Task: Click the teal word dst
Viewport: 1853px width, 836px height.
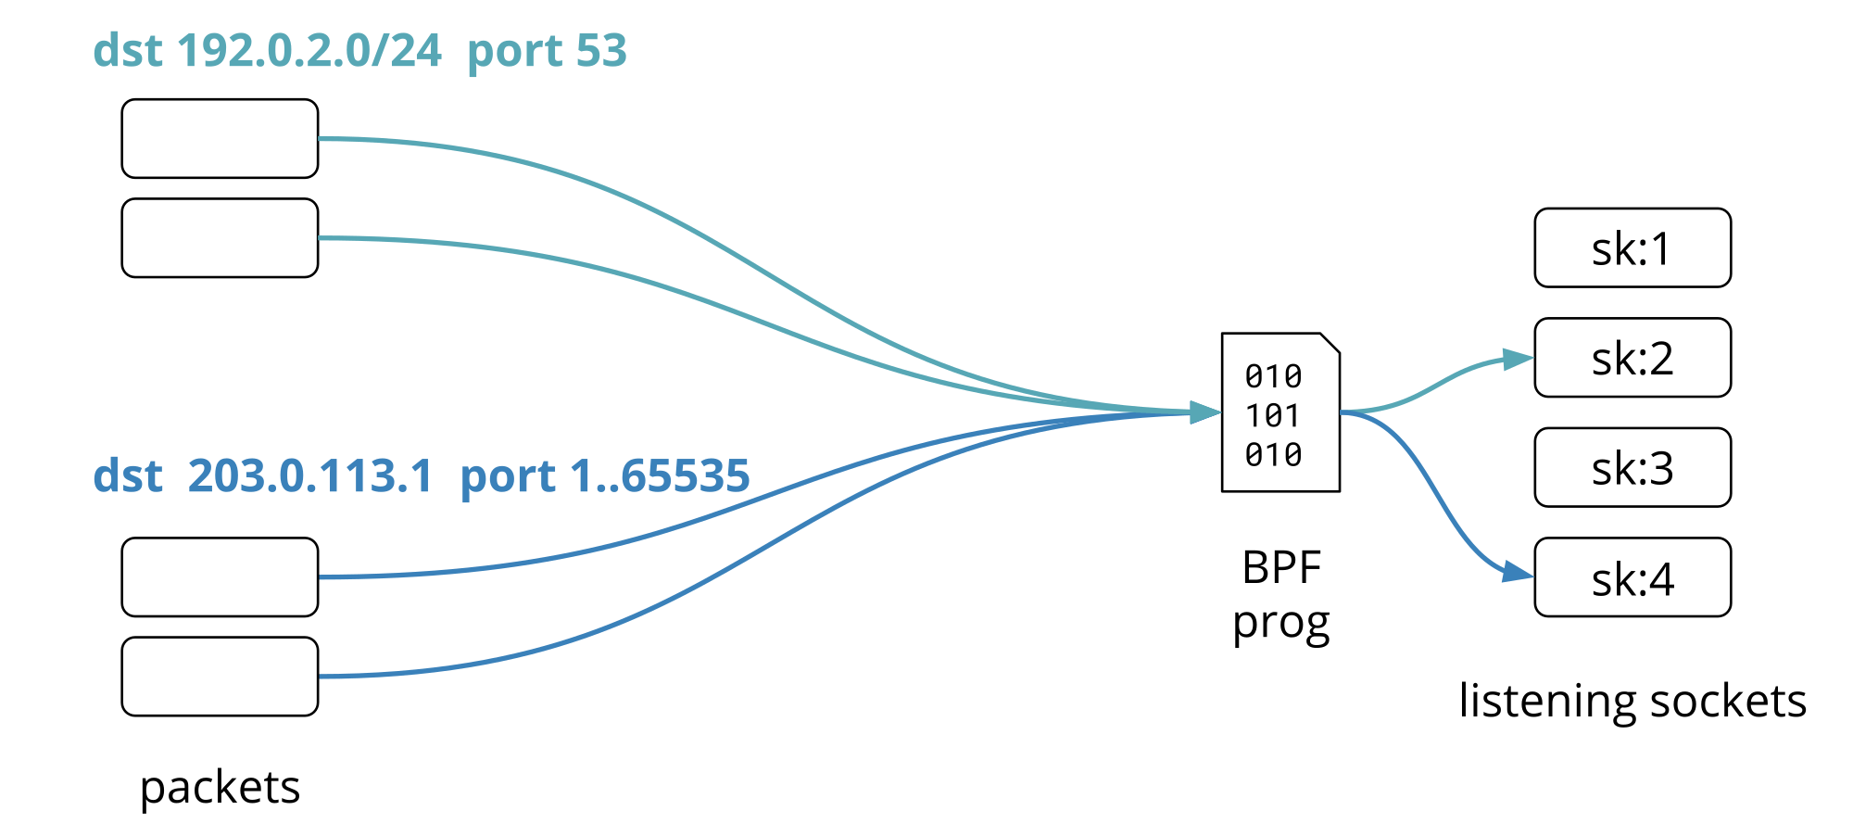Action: tap(128, 51)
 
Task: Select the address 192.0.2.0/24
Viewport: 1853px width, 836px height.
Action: tap(309, 51)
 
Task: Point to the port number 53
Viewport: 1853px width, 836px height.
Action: tap(601, 51)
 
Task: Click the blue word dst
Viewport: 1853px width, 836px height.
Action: tap(128, 476)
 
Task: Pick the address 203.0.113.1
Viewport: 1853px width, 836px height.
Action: tap(309, 476)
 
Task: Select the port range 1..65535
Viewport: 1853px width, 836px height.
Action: tap(660, 476)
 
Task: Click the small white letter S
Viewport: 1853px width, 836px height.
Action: tap(1632, 253)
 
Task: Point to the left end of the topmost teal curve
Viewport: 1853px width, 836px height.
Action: tap(321, 139)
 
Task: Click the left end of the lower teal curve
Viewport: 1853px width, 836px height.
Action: tap(321, 238)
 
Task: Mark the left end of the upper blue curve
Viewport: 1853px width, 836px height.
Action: tap(321, 577)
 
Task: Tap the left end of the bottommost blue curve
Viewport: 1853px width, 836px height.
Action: tap(321, 677)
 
